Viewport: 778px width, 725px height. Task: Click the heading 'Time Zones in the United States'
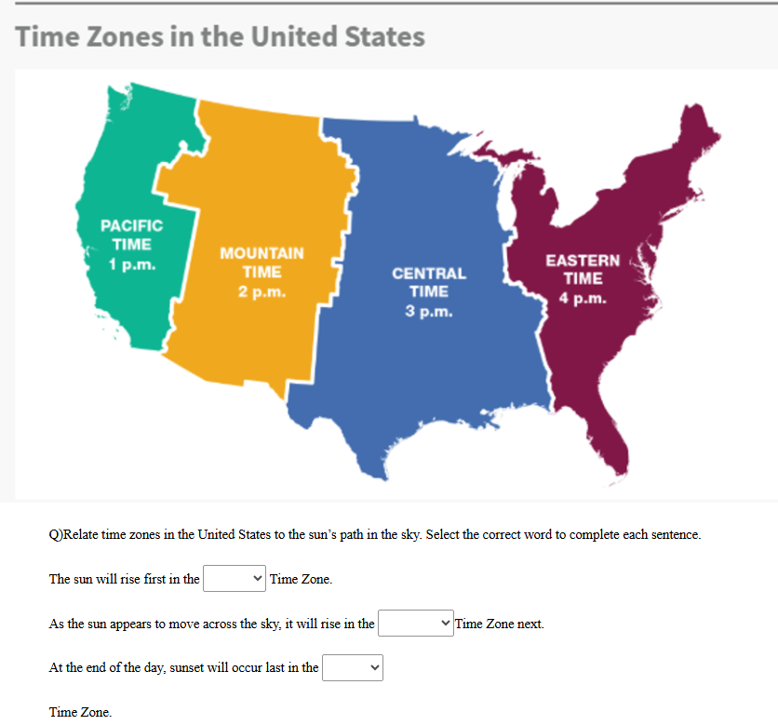(x=221, y=37)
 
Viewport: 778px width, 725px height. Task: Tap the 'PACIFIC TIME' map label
(x=131, y=235)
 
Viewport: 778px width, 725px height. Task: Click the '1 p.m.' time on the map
(x=131, y=263)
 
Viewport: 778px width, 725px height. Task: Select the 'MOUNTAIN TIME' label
(x=262, y=262)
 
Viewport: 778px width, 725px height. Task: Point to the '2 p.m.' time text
(x=262, y=291)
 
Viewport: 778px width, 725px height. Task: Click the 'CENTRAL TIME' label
(x=429, y=282)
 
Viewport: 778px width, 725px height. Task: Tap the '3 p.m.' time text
(x=429, y=311)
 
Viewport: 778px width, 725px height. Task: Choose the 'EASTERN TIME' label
(x=583, y=269)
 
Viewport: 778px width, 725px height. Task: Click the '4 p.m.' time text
(x=583, y=299)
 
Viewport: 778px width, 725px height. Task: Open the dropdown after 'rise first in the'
(x=235, y=579)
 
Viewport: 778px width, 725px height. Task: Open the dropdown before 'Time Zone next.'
(x=415, y=623)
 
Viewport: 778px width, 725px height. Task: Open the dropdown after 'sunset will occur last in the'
(x=353, y=666)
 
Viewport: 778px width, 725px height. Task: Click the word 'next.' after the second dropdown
(x=529, y=624)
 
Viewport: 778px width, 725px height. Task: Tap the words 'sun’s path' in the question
(x=329, y=535)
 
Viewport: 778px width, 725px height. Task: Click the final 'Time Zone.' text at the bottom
(x=80, y=712)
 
